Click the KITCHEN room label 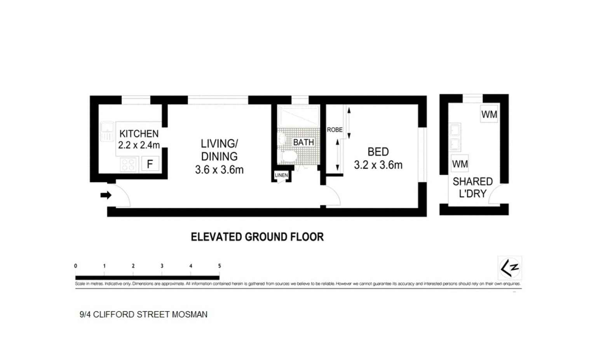point(139,134)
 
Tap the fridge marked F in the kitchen point(150,164)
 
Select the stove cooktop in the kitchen point(129,164)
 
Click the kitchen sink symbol point(107,131)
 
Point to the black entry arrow point(106,195)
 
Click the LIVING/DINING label point(219,150)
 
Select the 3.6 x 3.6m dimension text point(219,170)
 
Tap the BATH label point(303,142)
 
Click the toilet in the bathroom point(289,157)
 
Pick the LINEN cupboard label point(281,175)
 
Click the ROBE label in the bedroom point(335,130)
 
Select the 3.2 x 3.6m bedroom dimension point(378,165)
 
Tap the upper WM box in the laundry point(489,114)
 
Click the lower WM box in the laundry point(460,164)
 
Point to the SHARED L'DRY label point(472,187)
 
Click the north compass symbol point(510,268)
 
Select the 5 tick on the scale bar point(220,266)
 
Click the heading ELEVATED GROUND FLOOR point(257,237)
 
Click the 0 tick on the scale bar point(76,266)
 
